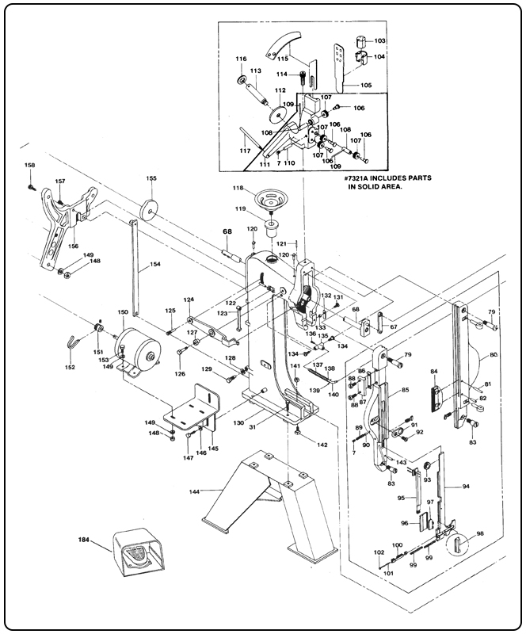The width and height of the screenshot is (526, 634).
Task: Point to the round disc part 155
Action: pyautogui.click(x=147, y=212)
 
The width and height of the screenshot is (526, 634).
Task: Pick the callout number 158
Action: pyautogui.click(x=30, y=165)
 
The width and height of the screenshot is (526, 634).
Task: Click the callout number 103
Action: pyautogui.click(x=380, y=40)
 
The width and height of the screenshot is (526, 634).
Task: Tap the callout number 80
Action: pyautogui.click(x=494, y=355)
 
